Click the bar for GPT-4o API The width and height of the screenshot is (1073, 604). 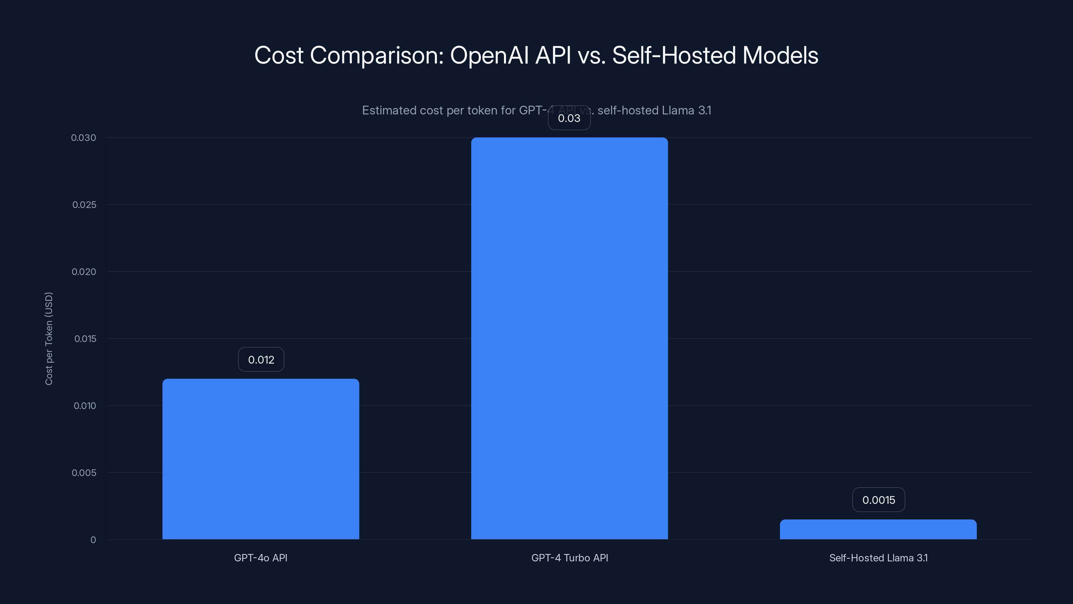tap(261, 458)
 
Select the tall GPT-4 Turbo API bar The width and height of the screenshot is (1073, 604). tap(569, 338)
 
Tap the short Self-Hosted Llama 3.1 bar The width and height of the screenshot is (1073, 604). tap(878, 530)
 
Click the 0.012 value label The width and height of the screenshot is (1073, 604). tap(261, 359)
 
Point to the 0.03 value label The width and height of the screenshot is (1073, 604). tap(569, 118)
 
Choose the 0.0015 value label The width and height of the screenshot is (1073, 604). tap(879, 500)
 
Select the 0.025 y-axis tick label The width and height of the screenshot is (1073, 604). tap(84, 205)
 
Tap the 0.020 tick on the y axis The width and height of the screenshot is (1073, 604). tap(84, 272)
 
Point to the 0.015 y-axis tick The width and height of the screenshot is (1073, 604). tap(85, 339)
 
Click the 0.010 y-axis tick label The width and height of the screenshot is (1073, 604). tap(84, 406)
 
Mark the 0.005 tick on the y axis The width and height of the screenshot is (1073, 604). tap(84, 473)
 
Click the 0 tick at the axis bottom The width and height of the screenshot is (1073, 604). tap(93, 540)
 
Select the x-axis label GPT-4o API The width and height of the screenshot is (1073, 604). tap(261, 558)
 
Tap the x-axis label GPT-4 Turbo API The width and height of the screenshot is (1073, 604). tap(569, 558)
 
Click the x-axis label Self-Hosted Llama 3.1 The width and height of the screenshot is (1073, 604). tap(878, 558)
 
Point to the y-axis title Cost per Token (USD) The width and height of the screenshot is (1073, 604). tap(49, 339)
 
